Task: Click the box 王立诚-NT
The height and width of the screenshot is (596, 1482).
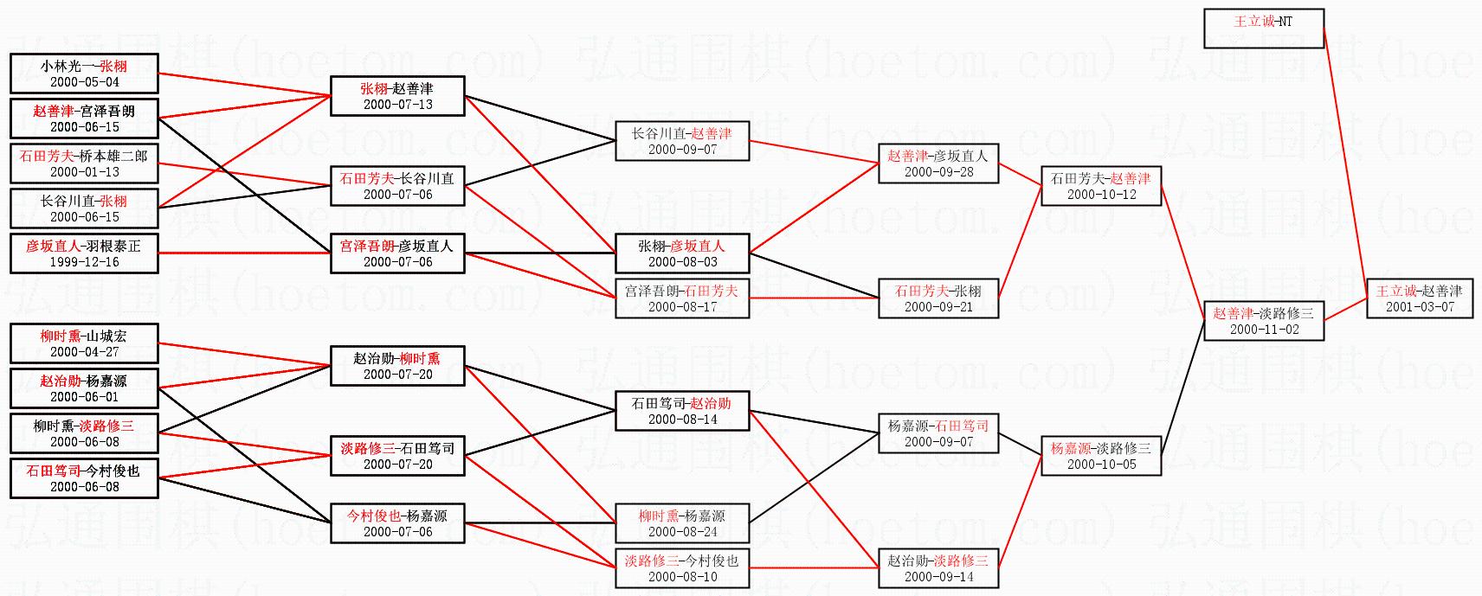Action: coord(1263,29)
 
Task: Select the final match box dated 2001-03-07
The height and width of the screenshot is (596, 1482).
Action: coord(1419,298)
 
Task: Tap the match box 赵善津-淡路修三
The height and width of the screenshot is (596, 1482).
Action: coord(1263,321)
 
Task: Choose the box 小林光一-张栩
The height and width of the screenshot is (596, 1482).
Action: coord(84,74)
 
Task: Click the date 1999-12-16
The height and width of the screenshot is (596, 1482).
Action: coord(84,262)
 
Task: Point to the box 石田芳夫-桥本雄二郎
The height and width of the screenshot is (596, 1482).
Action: coord(84,163)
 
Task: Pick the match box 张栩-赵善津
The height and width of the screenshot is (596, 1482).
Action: coord(397,96)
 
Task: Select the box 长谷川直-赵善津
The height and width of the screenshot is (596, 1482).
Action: coord(682,141)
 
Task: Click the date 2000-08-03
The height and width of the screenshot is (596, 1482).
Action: coord(682,262)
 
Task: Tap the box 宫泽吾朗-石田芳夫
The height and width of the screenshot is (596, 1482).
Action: coord(682,298)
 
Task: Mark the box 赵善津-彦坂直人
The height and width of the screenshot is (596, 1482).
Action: coord(938,163)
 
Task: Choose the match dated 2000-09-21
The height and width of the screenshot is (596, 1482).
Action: coord(938,298)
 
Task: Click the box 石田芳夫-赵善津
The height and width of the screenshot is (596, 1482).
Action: coord(1100,186)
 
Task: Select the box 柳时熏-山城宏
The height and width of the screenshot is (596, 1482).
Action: coord(84,343)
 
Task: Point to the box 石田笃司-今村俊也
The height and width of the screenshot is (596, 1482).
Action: coord(84,478)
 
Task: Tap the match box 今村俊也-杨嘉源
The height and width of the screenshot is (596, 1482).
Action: coord(397,523)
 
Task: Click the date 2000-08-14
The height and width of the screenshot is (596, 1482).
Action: coord(682,420)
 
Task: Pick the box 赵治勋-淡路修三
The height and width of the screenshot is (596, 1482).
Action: coord(938,568)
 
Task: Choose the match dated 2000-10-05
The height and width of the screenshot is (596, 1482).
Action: coord(1100,456)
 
